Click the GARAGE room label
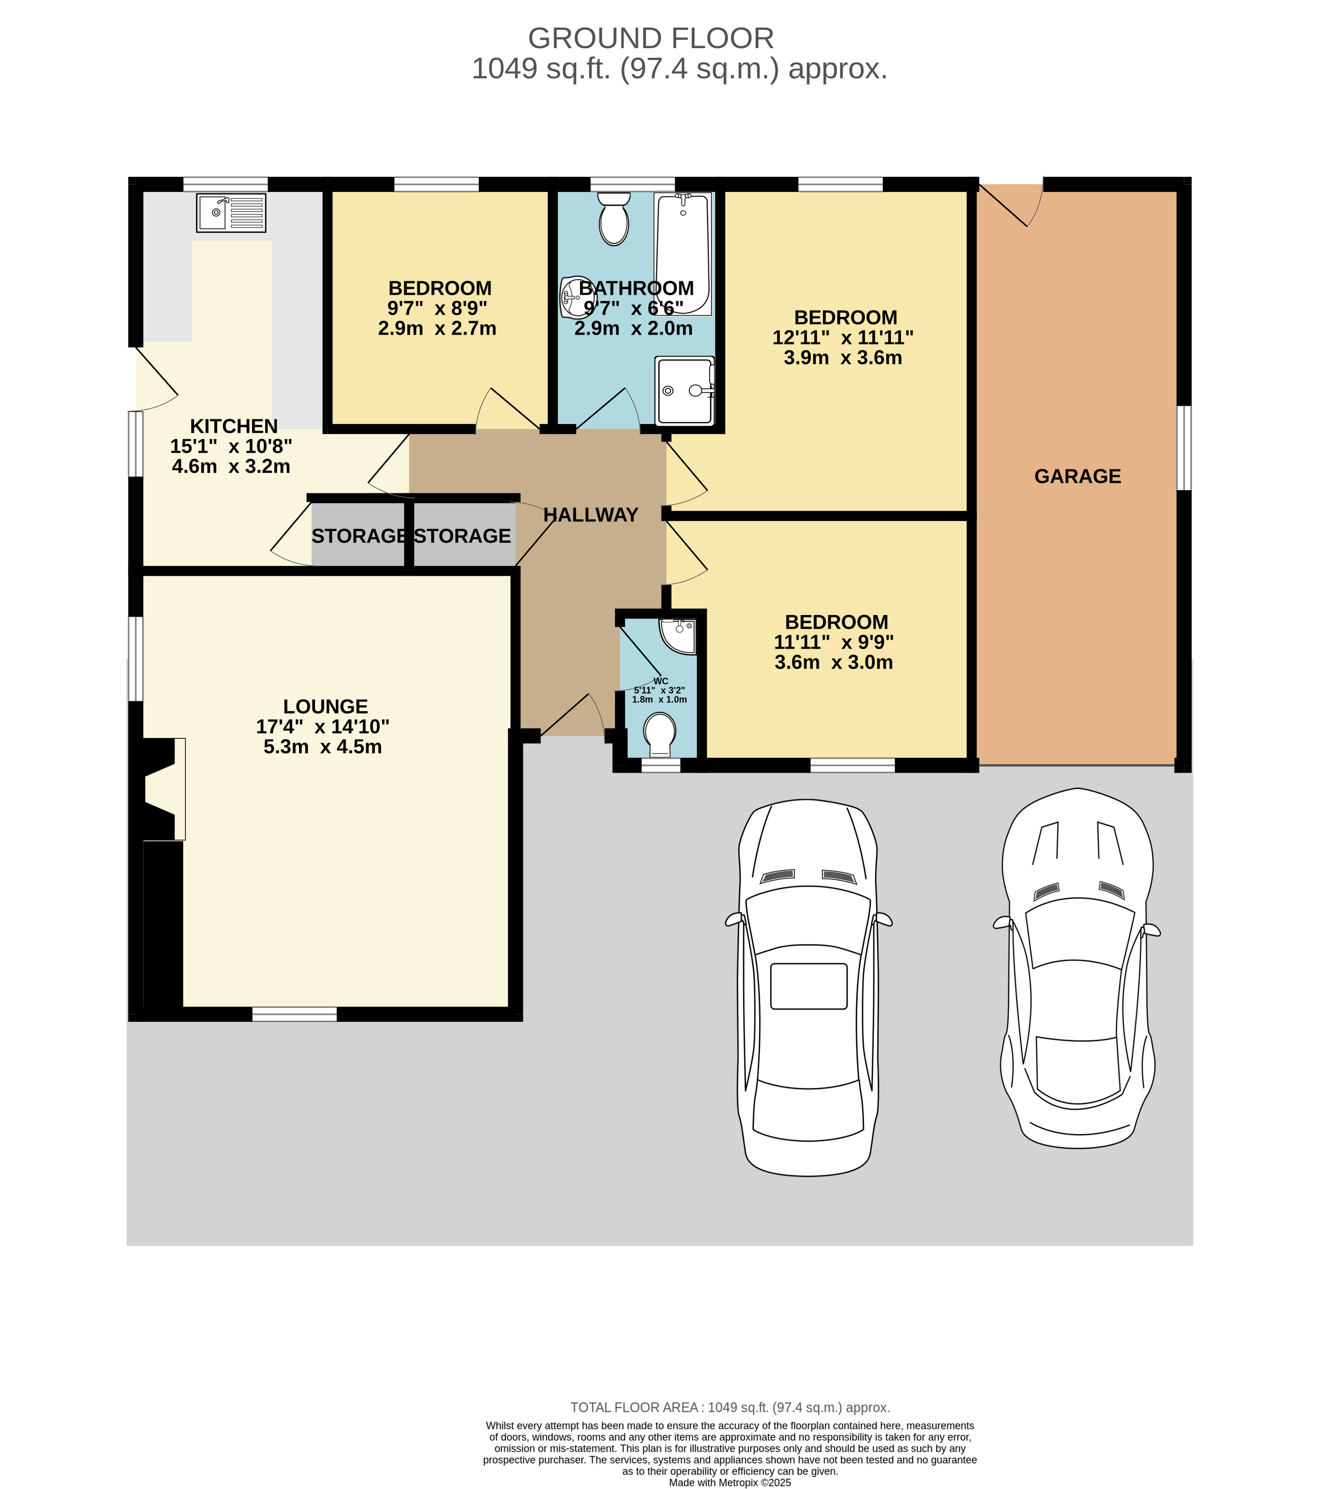pos(1077,476)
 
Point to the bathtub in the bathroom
pos(683,254)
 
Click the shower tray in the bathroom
pos(684,391)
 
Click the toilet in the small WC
pos(660,735)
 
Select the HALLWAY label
pos(590,515)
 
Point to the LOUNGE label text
pos(325,706)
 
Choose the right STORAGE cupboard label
pos(462,536)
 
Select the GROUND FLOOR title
pos(651,38)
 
